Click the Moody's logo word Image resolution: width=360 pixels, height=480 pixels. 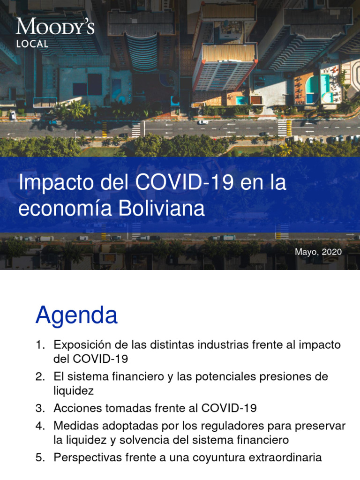click(x=55, y=27)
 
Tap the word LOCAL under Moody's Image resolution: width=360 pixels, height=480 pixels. click(x=32, y=44)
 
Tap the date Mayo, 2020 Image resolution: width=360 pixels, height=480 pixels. click(x=318, y=252)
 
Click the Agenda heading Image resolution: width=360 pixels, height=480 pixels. click(x=76, y=315)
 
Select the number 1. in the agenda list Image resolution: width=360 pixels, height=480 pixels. click(x=40, y=345)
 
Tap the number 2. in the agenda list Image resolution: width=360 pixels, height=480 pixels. click(x=40, y=377)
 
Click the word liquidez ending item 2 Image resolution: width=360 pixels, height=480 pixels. click(x=74, y=390)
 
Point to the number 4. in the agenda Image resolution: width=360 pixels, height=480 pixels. click(x=40, y=426)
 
